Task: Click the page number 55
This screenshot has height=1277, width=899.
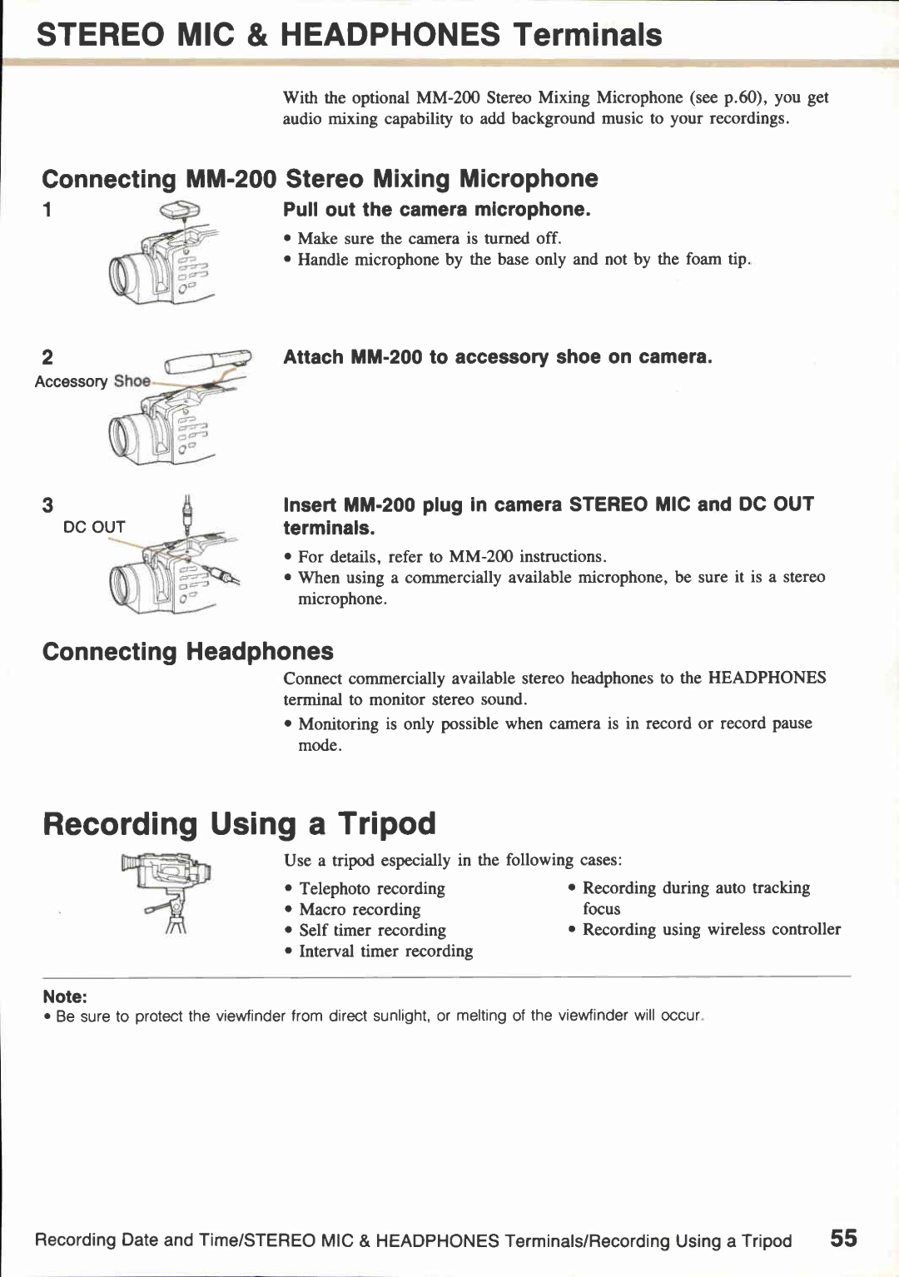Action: pos(842,1238)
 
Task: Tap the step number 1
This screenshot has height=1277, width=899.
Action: pos(47,210)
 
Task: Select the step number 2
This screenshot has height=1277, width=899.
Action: pos(47,357)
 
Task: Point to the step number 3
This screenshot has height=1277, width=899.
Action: pos(47,505)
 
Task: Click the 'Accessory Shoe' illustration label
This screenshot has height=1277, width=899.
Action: pos(92,381)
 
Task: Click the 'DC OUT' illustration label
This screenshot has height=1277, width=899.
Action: pos(94,527)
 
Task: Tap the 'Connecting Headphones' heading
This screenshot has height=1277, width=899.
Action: pos(187,651)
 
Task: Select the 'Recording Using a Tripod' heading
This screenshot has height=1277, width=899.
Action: pos(239,823)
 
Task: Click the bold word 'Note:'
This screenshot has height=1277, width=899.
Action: pos(65,996)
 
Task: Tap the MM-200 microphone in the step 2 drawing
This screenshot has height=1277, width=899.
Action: pos(206,363)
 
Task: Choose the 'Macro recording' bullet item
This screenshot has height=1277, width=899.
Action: pos(360,909)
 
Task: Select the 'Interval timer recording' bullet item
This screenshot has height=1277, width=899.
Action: pos(385,951)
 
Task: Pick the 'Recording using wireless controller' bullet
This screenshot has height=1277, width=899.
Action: pos(711,929)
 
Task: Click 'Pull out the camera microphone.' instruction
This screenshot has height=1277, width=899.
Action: pos(436,210)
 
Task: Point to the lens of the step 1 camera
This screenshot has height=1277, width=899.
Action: pos(125,276)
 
